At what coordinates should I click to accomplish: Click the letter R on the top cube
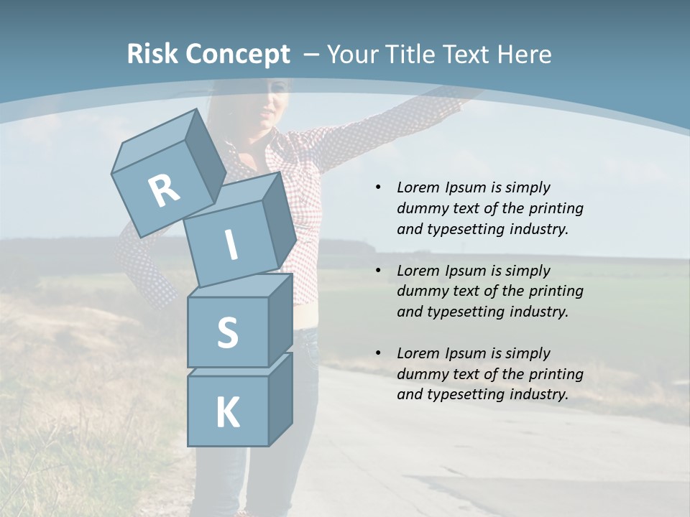point(164,192)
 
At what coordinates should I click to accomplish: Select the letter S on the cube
point(227,332)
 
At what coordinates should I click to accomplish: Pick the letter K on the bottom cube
point(228,413)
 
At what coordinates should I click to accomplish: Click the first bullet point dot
point(379,187)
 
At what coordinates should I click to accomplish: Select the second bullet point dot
point(379,271)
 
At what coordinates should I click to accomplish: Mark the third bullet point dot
point(379,353)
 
